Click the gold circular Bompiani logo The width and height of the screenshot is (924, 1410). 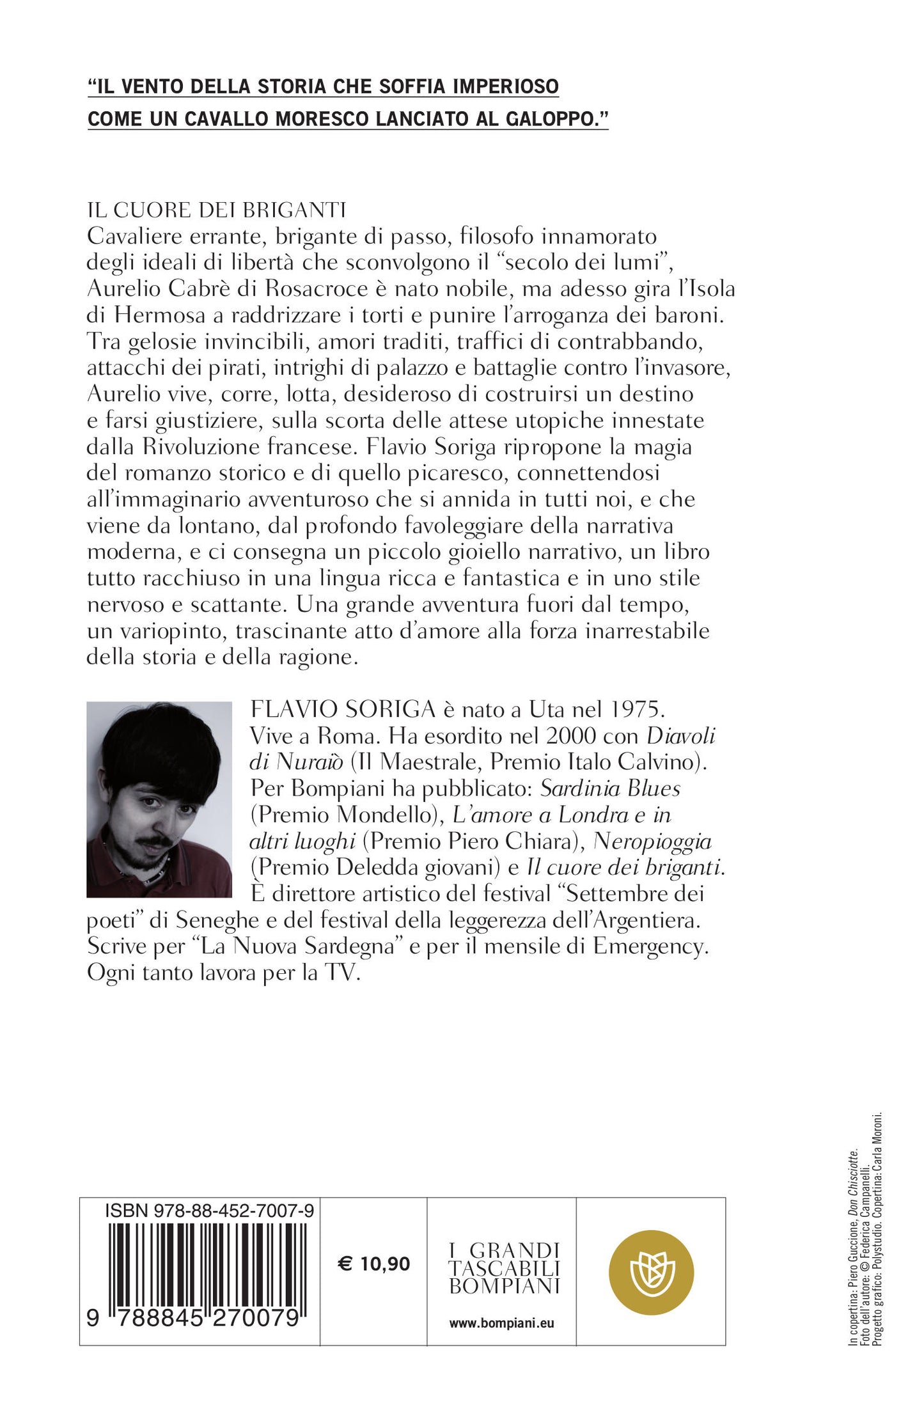pyautogui.click(x=650, y=1272)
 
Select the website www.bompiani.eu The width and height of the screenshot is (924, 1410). pyautogui.click(x=501, y=1323)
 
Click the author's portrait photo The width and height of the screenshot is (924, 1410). pyautogui.click(x=159, y=799)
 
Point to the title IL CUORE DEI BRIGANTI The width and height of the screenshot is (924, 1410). pyautogui.click(x=216, y=210)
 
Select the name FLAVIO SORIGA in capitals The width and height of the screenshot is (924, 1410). pyautogui.click(x=343, y=709)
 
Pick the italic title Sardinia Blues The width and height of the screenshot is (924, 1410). pyautogui.click(x=610, y=788)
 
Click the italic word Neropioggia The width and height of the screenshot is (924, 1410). pyautogui.click(x=652, y=841)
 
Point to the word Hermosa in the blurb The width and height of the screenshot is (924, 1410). pyautogui.click(x=151, y=315)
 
